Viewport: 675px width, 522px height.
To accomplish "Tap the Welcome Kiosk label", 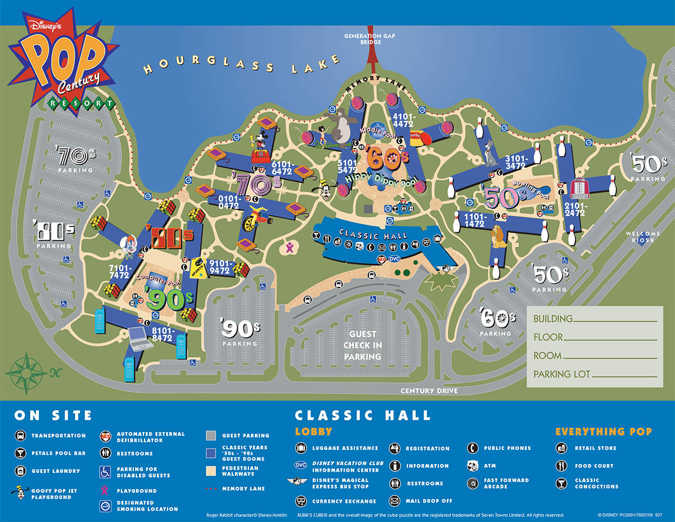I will [643, 237].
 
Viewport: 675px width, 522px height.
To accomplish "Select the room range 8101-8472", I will [162, 334].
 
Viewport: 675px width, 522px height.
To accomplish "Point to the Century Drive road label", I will [429, 391].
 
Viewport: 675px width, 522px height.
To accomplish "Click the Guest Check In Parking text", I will [363, 345].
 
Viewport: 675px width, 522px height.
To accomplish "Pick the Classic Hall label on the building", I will [365, 235].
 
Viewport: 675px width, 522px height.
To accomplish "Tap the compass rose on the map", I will [26, 372].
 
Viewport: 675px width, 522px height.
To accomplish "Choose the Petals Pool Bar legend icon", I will [20, 453].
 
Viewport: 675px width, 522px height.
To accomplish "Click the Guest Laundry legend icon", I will [20, 471].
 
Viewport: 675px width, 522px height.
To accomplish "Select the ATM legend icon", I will [474, 466].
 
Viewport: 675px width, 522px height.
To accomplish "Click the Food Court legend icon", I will [561, 466].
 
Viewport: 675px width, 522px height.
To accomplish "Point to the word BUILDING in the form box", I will [553, 319].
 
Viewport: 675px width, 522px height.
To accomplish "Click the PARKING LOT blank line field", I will [625, 376].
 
